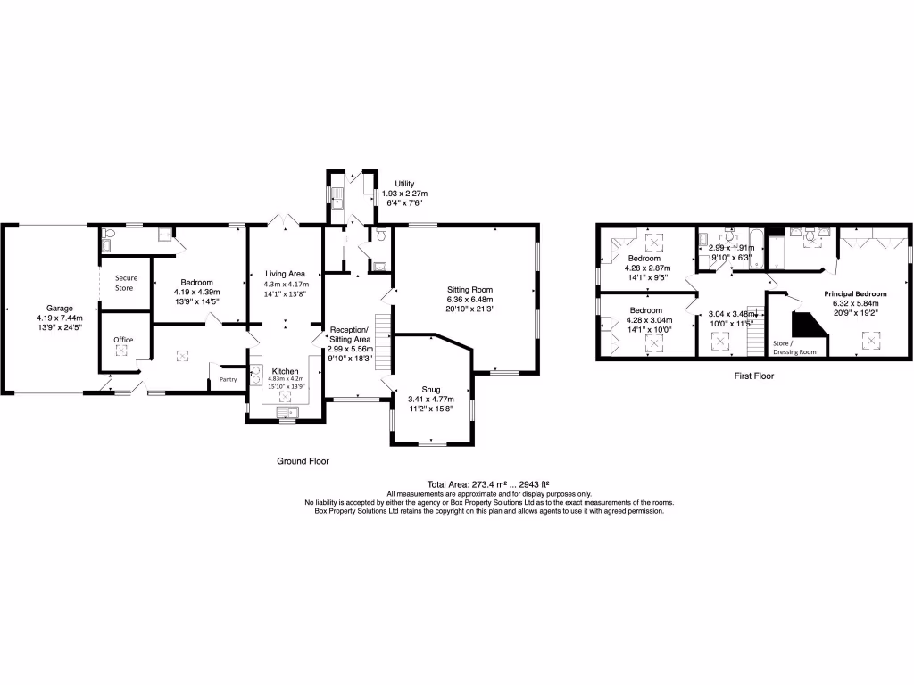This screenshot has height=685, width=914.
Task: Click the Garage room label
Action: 59,308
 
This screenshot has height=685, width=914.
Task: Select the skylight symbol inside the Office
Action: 122,351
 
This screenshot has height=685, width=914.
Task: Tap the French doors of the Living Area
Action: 285,219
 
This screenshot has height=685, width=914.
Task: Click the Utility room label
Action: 404,183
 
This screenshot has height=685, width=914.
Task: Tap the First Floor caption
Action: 754,376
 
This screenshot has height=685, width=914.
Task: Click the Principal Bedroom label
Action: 855,293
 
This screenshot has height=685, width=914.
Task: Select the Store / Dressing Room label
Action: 794,347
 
